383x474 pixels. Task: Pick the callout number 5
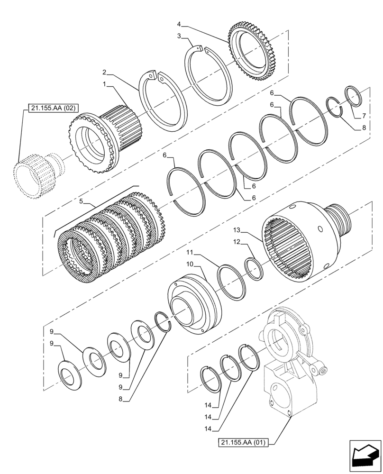[x=82, y=201]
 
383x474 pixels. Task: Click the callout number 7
[x=364, y=116]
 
